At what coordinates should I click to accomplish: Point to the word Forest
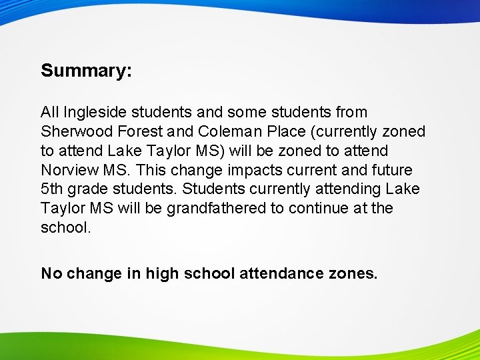pyautogui.click(x=141, y=132)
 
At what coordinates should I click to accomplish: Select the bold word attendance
pyautogui.click(x=283, y=273)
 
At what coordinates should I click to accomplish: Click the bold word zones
pyautogui.click(x=355, y=273)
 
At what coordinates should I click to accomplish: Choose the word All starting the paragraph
pyautogui.click(x=49, y=113)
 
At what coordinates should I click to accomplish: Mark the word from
pyautogui.click(x=349, y=113)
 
